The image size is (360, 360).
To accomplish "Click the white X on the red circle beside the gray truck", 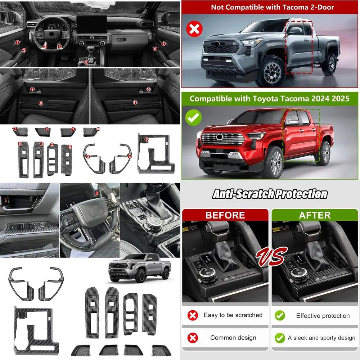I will point(194,29).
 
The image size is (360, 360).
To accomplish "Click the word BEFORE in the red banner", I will point(225,215).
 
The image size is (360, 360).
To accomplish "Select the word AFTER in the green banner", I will point(315,215).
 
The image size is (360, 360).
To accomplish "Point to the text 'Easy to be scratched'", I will point(233,315).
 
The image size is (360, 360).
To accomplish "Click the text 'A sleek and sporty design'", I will point(321,338).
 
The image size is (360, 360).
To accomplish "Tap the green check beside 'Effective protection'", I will point(280,315).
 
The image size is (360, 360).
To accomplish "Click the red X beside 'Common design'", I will point(193,338).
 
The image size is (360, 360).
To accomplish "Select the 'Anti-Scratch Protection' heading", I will point(270,194).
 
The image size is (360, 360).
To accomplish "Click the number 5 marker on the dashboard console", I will point(86,62).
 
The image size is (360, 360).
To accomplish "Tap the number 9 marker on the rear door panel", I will point(41,103).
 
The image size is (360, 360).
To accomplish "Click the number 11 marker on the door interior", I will point(135,102).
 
